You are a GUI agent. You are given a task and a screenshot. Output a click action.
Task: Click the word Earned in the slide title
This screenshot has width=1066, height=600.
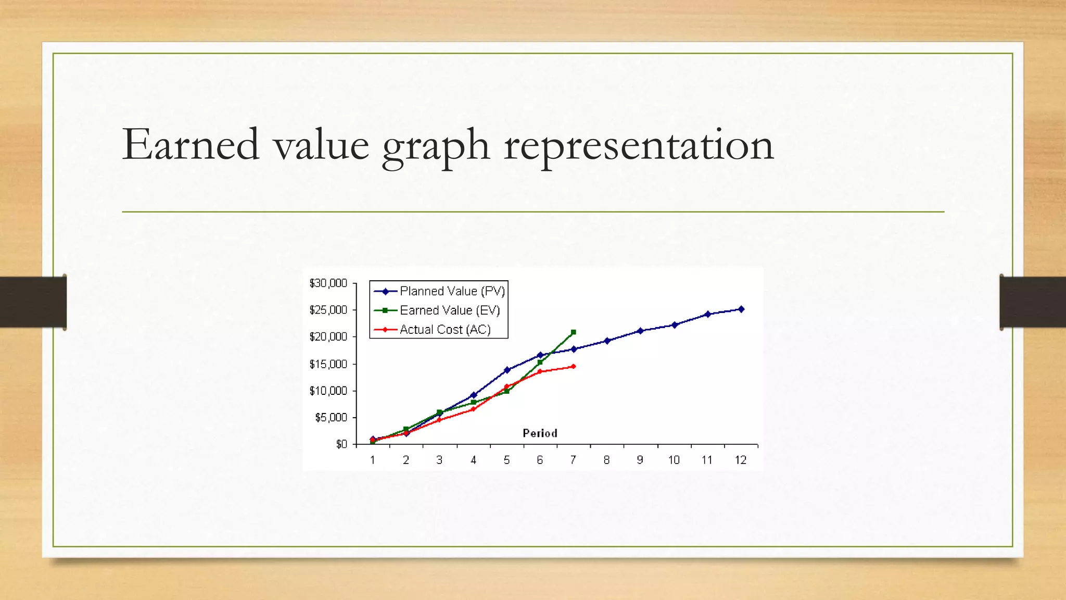point(191,144)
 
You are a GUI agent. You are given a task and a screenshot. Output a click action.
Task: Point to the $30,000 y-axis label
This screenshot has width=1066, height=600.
point(328,283)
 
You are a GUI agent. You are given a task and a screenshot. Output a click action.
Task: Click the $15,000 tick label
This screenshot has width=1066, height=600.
point(328,364)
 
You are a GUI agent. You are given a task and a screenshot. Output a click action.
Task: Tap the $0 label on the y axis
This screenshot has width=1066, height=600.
point(341,444)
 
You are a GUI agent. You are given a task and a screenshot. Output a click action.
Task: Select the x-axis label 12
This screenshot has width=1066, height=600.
point(740,460)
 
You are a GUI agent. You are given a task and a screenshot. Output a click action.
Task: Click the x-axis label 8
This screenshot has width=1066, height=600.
point(606,460)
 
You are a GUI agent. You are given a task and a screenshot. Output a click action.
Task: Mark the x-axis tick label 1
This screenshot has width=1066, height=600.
point(373,460)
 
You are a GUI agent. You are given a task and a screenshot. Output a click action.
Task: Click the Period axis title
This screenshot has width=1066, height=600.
point(540,433)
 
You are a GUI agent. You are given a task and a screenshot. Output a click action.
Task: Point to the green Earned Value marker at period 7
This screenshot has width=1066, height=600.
point(573,332)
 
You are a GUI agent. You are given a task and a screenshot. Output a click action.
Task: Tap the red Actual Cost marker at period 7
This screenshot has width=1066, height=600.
point(573,367)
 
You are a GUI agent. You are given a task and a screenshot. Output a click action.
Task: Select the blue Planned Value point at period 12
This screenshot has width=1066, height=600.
point(741,309)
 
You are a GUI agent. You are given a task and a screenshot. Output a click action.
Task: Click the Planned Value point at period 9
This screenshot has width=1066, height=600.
point(640,331)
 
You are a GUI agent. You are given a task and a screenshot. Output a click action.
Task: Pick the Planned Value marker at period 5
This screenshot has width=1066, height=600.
point(507,370)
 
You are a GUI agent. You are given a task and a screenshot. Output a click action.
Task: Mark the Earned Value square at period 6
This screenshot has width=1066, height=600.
point(540,362)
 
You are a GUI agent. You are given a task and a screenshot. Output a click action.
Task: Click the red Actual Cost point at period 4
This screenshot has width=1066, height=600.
point(473,409)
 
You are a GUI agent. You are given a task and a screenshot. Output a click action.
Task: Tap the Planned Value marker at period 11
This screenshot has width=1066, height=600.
point(707,314)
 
